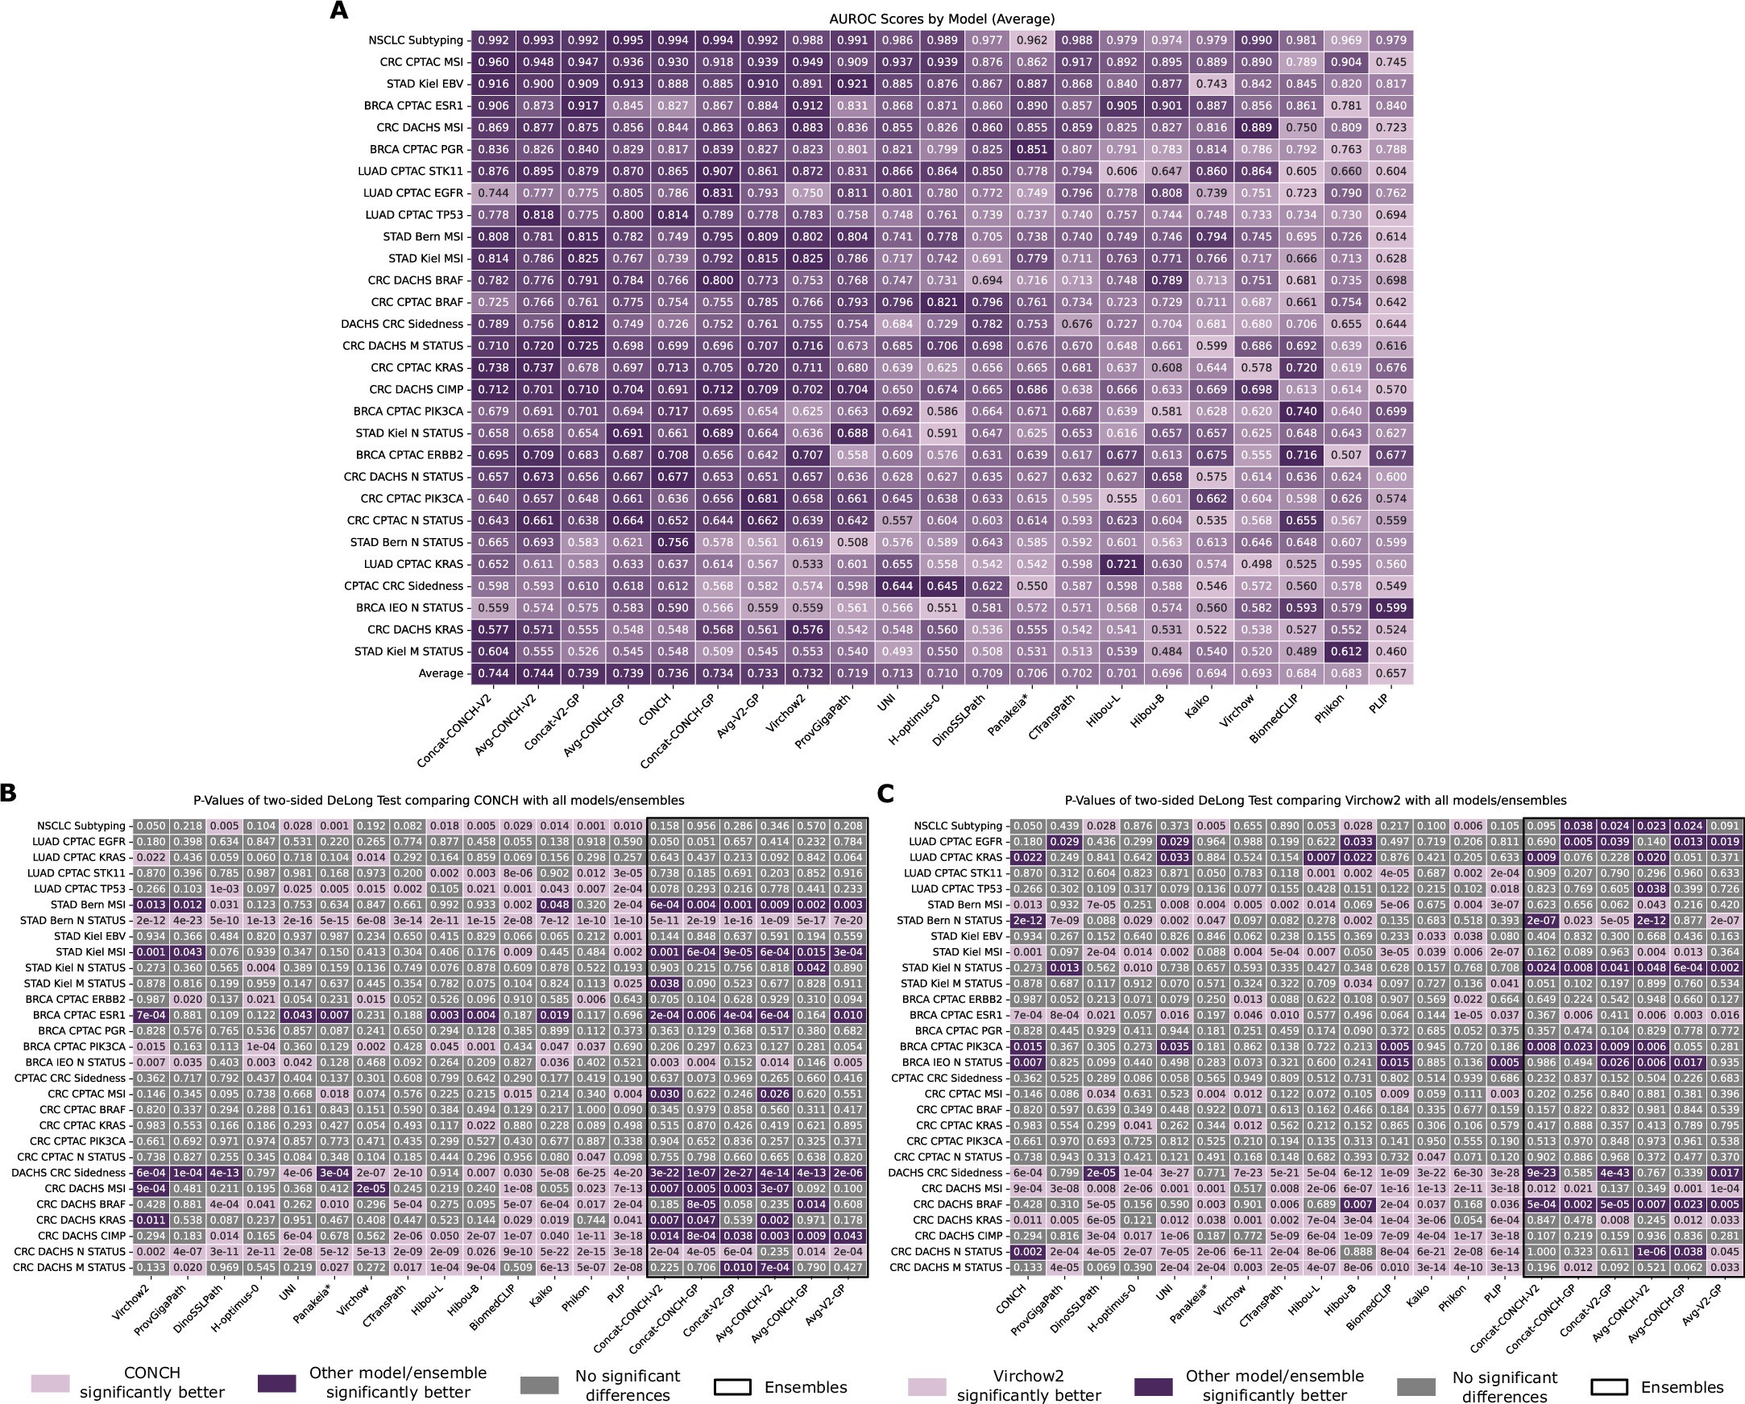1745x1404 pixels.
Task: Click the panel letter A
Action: (339, 10)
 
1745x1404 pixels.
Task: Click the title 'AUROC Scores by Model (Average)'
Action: (942, 19)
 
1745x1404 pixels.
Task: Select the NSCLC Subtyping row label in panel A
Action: (415, 40)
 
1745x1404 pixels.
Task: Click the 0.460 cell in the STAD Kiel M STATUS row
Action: (1391, 652)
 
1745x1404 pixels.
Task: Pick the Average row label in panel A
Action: (441, 673)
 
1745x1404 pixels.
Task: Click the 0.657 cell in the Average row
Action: (1391, 673)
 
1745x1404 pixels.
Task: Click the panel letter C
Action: (885, 794)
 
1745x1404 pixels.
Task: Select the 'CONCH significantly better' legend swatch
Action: (50, 1383)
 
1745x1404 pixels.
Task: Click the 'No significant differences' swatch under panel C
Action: (1416, 1386)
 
